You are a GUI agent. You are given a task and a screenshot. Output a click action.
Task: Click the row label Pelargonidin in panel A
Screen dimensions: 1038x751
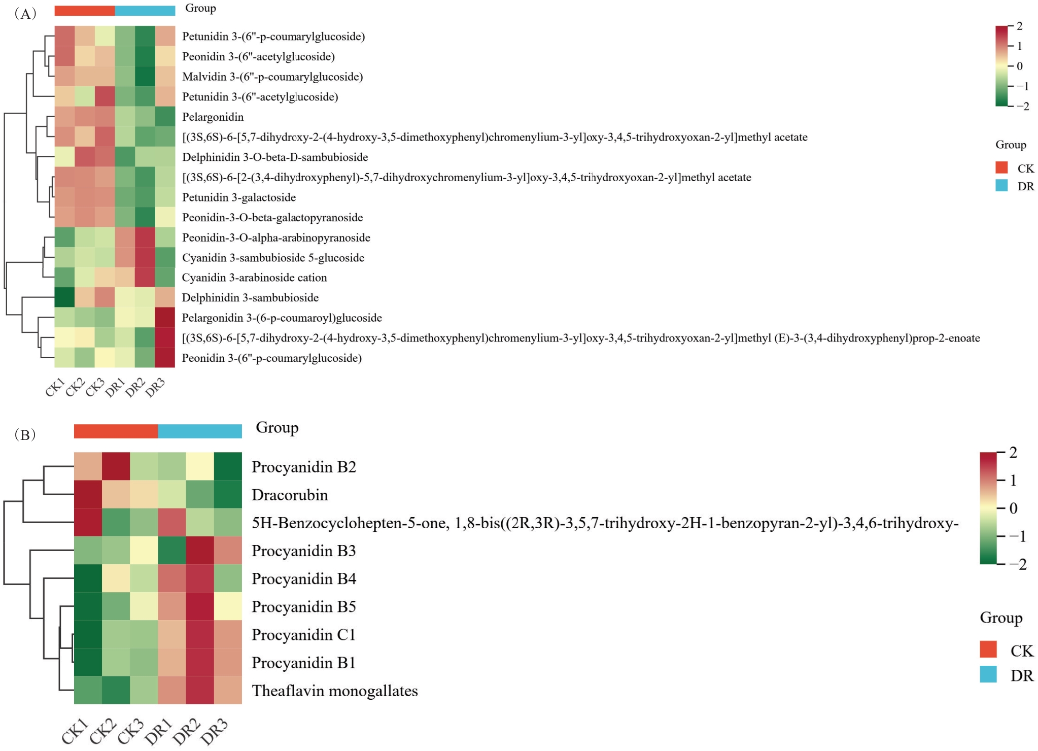pos(213,117)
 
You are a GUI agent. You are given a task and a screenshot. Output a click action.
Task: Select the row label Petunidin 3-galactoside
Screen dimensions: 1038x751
pos(239,197)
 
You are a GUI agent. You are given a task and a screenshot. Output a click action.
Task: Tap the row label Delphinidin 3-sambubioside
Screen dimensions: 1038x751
pos(251,298)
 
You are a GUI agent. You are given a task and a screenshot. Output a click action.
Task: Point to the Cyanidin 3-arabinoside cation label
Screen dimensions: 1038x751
pos(255,278)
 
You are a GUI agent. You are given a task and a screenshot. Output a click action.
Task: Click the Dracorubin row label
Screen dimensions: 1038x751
pos(290,495)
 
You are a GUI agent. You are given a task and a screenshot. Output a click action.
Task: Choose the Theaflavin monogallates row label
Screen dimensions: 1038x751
pos(335,691)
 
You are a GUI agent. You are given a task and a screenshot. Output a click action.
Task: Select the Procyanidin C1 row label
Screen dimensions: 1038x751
pos(304,635)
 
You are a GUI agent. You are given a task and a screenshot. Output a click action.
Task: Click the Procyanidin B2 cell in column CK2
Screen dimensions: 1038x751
pos(116,466)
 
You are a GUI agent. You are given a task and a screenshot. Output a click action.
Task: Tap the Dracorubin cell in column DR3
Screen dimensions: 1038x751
pos(228,494)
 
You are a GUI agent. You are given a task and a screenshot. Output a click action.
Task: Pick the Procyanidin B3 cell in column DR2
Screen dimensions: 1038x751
pos(200,550)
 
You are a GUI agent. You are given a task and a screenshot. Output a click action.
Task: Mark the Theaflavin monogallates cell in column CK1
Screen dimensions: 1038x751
pos(88,690)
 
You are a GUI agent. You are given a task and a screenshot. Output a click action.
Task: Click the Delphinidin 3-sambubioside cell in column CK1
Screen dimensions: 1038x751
pos(64,297)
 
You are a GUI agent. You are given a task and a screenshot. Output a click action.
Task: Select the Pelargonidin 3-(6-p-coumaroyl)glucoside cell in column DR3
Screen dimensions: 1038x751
pos(165,318)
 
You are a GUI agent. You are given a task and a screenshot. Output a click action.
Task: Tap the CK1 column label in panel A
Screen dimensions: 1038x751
pos(55,387)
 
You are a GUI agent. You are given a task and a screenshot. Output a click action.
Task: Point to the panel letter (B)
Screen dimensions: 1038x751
pos(25,435)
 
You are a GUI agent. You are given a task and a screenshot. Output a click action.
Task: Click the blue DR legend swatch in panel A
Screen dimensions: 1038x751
pos(1001,186)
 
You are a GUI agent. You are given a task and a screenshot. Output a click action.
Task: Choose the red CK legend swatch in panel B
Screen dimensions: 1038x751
pos(988,649)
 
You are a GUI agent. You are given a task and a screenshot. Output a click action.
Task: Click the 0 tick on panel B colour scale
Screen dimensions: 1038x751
pos(1013,508)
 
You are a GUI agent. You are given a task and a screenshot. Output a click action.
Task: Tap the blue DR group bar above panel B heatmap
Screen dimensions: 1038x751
pos(200,431)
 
